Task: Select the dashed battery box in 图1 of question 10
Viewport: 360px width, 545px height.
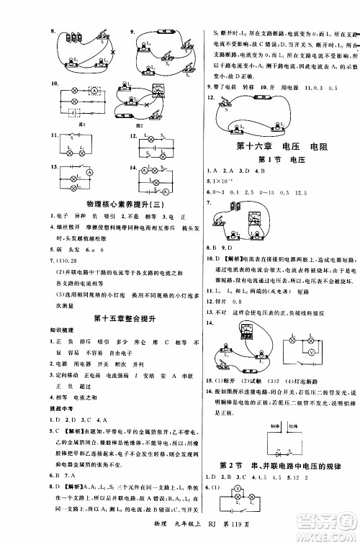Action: (73, 112)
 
